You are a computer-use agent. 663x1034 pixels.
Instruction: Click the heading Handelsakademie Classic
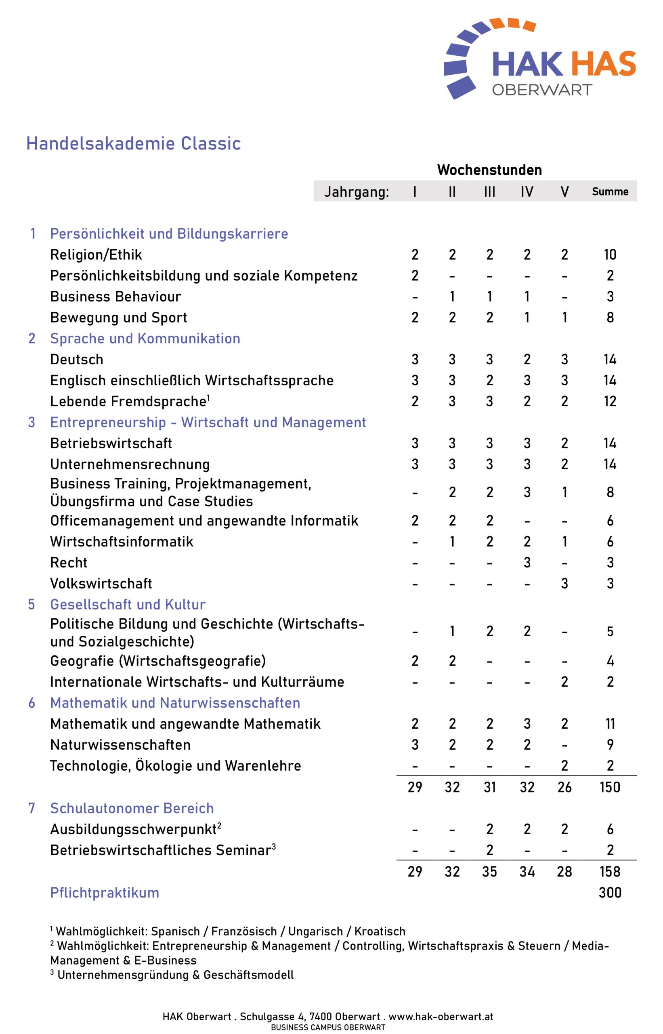point(134,144)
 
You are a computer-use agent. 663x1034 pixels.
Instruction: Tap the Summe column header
point(610,191)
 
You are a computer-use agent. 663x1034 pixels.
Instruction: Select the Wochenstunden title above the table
point(489,170)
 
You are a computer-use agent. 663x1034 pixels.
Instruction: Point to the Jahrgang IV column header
point(527,191)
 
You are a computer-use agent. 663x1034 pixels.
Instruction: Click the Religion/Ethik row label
point(96,255)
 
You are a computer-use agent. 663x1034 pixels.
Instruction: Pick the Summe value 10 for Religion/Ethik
point(610,255)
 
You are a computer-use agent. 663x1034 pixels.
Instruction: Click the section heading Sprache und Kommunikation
point(145,338)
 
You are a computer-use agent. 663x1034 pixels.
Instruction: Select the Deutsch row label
point(77,359)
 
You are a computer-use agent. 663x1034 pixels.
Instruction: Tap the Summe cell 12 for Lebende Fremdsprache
point(610,401)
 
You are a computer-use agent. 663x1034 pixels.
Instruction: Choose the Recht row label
point(69,562)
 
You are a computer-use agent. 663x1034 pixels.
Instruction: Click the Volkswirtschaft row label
point(101,584)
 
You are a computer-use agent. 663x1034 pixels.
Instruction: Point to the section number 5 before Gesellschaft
point(31,605)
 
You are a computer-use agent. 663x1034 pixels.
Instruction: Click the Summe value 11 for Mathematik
point(610,724)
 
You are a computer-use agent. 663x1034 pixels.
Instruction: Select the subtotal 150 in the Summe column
point(610,788)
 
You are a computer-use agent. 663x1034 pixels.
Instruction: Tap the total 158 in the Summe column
point(610,872)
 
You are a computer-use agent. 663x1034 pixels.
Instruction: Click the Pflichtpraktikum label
point(105,893)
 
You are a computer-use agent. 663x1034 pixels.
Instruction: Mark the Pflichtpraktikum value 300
point(610,893)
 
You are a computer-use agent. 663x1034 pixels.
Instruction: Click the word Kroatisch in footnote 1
point(380,931)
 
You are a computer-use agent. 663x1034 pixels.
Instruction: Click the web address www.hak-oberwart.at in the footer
point(441,1017)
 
